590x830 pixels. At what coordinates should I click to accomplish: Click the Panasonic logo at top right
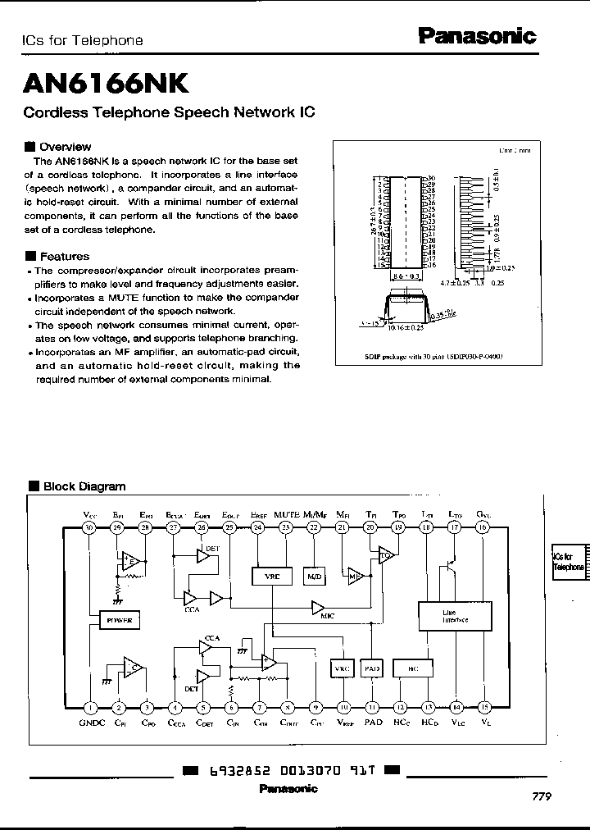pyautogui.click(x=477, y=35)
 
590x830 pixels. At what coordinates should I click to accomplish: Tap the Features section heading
pyautogui.click(x=64, y=256)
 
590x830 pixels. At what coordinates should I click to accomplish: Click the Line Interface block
pyautogui.click(x=455, y=616)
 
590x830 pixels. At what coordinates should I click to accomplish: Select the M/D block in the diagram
pyautogui.click(x=315, y=577)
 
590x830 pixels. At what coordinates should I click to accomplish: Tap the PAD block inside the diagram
pyautogui.click(x=372, y=668)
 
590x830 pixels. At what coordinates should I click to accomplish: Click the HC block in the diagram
pyautogui.click(x=413, y=668)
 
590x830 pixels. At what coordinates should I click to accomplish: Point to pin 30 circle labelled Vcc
pyautogui.click(x=90, y=528)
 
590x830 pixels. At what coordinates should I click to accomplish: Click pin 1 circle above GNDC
pyautogui.click(x=90, y=707)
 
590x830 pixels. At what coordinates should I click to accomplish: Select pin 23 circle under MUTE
pyautogui.click(x=286, y=528)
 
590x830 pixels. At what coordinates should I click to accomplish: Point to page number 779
pyautogui.click(x=542, y=796)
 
